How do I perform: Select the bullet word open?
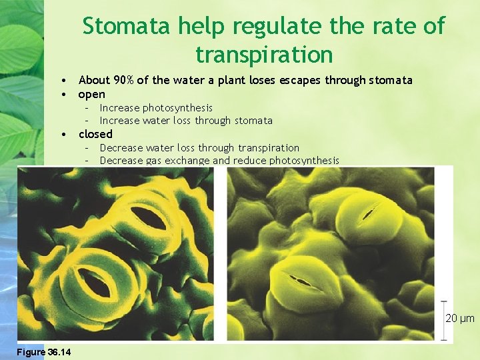92,94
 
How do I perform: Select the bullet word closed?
95,134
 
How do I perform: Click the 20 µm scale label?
460,319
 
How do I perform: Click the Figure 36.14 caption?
45,352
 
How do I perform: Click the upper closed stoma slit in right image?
367,215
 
